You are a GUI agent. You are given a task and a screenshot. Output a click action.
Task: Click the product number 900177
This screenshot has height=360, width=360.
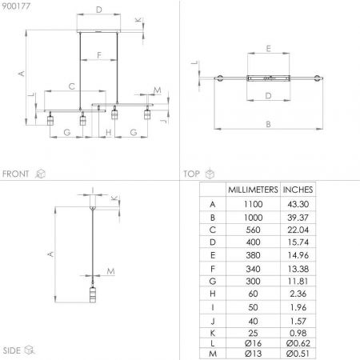click(x=15, y=7)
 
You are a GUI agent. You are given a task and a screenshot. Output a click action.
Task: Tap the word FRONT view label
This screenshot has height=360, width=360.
click(x=16, y=173)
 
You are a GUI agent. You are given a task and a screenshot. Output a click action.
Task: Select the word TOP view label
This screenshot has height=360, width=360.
click(x=191, y=173)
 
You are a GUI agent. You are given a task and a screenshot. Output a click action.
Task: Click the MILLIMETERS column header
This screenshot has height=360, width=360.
click(x=253, y=190)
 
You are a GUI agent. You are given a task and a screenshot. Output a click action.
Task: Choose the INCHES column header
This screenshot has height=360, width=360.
click(x=299, y=190)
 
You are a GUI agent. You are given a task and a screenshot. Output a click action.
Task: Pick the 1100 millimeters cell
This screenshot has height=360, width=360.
click(x=253, y=205)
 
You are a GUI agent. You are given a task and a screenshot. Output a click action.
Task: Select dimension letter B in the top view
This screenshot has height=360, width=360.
click(x=268, y=124)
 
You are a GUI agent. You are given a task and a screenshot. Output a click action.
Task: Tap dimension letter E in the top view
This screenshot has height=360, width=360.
click(x=268, y=49)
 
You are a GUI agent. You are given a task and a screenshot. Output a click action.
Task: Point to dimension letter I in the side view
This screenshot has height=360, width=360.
click(x=92, y=190)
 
